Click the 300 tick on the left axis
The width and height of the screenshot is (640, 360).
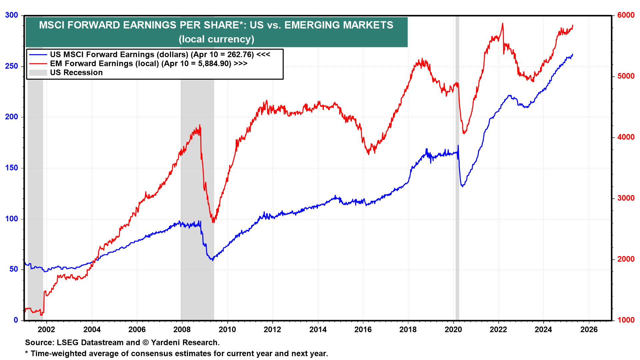[x=12, y=15]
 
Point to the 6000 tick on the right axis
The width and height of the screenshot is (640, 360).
[x=626, y=15]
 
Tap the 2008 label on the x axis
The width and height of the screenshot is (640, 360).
[x=182, y=330]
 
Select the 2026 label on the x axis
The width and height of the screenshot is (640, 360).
[x=589, y=330]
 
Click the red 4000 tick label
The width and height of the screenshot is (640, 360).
[x=626, y=137]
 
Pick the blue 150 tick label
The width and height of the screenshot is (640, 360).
[x=12, y=168]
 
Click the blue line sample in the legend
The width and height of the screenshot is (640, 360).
[x=38, y=55]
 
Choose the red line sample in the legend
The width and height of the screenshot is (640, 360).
[x=38, y=64]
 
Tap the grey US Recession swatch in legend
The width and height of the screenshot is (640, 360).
[x=38, y=73]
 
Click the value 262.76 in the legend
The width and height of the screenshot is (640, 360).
[x=240, y=55]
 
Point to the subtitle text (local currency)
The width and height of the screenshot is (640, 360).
[x=216, y=39]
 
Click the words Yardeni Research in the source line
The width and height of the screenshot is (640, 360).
[x=185, y=343]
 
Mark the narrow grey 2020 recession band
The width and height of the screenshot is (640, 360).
[x=457, y=167]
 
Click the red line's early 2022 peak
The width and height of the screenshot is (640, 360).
[x=503, y=24]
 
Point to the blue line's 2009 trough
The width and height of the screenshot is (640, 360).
[x=212, y=260]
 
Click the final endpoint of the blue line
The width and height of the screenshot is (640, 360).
[x=573, y=54]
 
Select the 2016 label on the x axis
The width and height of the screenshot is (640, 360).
[x=363, y=330]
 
